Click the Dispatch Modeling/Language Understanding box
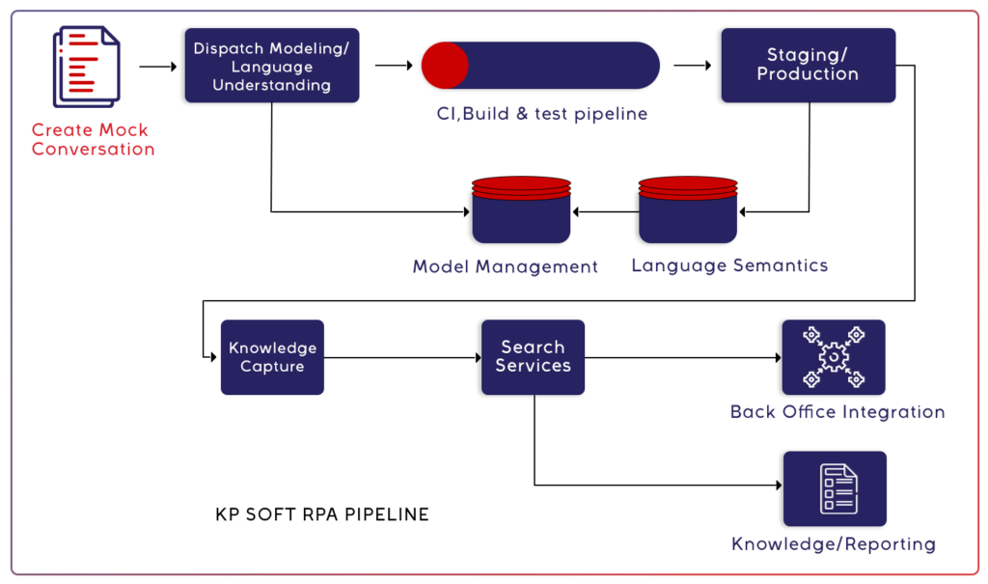[271, 66]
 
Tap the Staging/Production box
[808, 65]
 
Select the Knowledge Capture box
[272, 357]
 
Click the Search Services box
[533, 357]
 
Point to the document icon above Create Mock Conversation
[86, 66]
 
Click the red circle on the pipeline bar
[445, 66]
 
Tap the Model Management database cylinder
[520, 210]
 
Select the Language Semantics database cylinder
[687, 210]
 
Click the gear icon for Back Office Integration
[833, 357]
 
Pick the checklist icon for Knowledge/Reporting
[835, 488]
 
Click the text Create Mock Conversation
[93, 140]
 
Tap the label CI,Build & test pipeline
[540, 114]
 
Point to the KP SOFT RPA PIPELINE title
[322, 514]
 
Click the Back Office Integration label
[837, 412]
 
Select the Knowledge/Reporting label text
[834, 544]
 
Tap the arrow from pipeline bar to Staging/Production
[692, 67]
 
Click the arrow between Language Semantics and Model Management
[604, 211]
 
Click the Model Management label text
[506, 266]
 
